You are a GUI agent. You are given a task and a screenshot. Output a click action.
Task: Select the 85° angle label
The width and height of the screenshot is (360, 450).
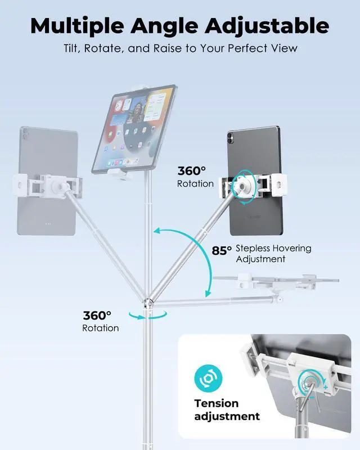[222, 250]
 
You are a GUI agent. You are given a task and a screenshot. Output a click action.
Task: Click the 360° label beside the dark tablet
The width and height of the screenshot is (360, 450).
[192, 171]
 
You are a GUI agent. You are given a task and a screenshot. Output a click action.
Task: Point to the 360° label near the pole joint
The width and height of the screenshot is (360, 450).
[97, 316]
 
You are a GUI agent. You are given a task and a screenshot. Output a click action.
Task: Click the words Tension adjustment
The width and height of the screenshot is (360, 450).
[227, 409]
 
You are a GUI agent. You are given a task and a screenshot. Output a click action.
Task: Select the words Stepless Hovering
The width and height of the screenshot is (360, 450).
[273, 248]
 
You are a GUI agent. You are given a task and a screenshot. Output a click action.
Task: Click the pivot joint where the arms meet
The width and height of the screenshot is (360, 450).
[147, 303]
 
